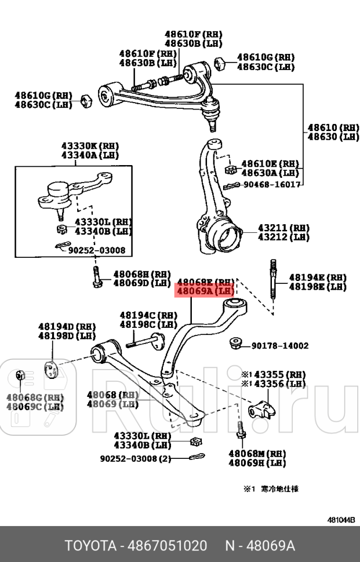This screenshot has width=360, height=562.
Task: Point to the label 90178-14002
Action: point(279,346)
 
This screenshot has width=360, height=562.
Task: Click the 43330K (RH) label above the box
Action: point(90,147)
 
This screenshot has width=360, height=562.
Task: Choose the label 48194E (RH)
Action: point(317,278)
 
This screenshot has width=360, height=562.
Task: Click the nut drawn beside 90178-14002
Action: point(236,343)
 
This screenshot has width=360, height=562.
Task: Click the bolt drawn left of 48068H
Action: point(96,277)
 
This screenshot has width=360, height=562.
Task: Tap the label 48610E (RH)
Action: point(270,164)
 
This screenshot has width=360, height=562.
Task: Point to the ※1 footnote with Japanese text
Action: point(271,488)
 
